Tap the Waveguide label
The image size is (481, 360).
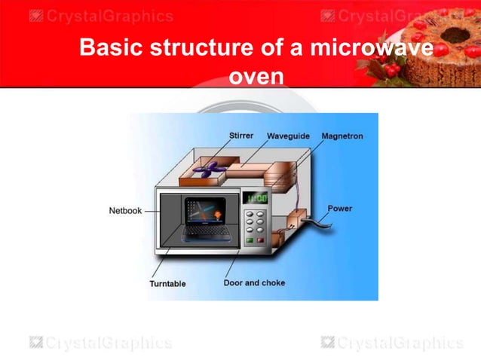click(288, 136)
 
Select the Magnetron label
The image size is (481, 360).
click(342, 136)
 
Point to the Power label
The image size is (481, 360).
click(339, 208)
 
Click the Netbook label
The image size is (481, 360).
click(125, 211)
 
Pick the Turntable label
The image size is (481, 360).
click(167, 284)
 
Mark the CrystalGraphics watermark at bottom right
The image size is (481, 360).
click(391, 343)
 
